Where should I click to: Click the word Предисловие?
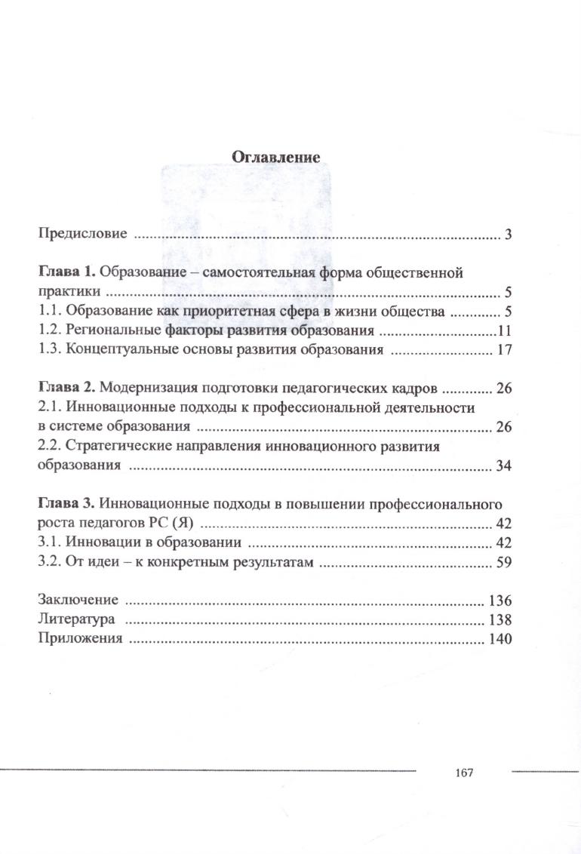[x=82, y=234]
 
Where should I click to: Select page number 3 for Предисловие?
[x=509, y=235]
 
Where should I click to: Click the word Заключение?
[x=78, y=601]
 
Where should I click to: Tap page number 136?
[x=501, y=601]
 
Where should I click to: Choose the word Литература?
[x=76, y=620]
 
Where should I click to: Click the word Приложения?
[x=80, y=639]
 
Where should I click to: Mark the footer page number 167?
[x=464, y=773]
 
